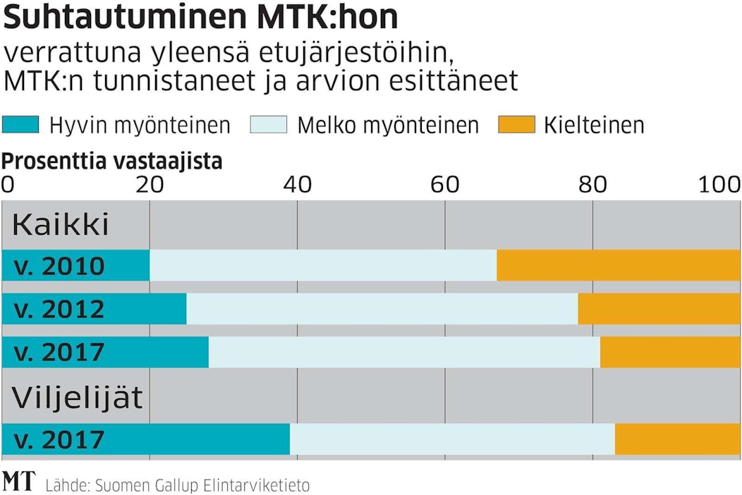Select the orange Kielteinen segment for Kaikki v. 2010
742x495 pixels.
[619, 265]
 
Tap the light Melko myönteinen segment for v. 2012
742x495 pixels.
[382, 309]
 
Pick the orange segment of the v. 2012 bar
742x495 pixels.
[659, 309]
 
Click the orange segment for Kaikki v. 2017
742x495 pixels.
[670, 352]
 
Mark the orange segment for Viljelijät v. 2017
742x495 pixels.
[678, 439]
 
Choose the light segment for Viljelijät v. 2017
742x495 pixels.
[452, 439]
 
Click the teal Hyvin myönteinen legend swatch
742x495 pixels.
[20, 126]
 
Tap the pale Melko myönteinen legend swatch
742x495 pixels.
[269, 126]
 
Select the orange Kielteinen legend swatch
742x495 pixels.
[516, 126]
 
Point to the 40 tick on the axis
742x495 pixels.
[297, 184]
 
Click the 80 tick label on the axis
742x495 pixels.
[592, 184]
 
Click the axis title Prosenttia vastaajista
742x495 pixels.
[112, 161]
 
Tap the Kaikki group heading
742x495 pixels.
[61, 225]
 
